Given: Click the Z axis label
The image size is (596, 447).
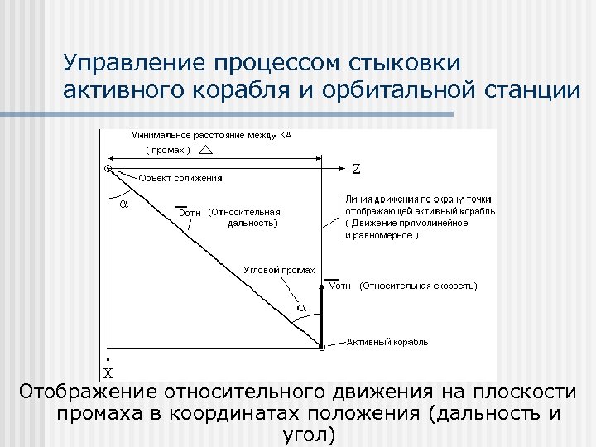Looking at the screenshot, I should [x=355, y=169].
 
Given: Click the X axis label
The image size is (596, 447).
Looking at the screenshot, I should [x=108, y=372].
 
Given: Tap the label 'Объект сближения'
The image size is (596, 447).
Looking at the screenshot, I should [x=180, y=178].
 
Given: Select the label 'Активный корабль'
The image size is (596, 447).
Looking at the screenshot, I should [x=387, y=342].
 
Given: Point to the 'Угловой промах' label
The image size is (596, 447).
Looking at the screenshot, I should [x=280, y=270].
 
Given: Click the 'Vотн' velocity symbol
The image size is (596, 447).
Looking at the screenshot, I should [x=340, y=286].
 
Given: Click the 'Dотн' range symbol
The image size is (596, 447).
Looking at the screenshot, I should [x=190, y=212].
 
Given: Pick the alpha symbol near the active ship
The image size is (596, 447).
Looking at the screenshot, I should [x=302, y=307].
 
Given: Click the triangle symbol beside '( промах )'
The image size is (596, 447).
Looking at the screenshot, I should [x=205, y=149].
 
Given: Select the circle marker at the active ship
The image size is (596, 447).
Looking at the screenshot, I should [x=321, y=348].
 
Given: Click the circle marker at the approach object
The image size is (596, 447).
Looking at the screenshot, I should [x=108, y=169].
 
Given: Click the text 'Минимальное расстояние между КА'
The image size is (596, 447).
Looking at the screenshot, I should [x=211, y=135].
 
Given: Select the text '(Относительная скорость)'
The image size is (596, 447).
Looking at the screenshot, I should [x=418, y=286].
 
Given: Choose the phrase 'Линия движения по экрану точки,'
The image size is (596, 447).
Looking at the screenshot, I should [x=420, y=199].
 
